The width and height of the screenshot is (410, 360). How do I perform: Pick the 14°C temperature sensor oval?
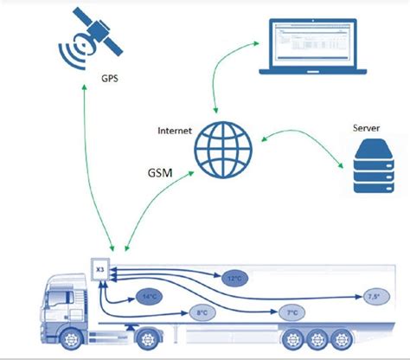point(149,297)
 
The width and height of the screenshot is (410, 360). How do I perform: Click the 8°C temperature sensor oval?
point(202,312)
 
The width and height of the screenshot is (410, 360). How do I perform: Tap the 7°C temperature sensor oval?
point(292,312)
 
